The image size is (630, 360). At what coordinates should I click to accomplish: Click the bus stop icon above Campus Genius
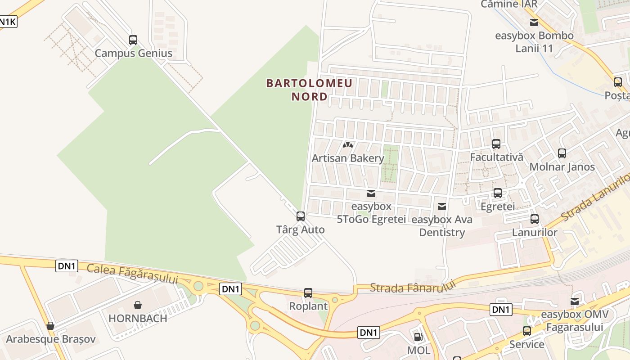133,40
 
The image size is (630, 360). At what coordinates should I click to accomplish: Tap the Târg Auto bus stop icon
301,216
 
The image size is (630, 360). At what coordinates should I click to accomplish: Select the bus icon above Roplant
308,293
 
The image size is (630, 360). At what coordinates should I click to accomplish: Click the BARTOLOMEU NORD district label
310,90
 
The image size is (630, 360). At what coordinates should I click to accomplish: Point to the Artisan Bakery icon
348,145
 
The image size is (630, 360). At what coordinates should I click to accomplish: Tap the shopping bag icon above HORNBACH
138,305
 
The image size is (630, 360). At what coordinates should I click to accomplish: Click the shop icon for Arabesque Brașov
50,326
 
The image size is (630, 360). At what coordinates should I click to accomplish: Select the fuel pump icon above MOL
418,337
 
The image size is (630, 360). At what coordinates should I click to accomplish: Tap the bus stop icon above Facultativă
496,144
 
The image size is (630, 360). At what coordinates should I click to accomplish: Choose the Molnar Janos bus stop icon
562,153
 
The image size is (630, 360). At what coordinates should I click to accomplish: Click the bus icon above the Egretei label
498,193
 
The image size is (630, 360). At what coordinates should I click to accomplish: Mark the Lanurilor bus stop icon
535,219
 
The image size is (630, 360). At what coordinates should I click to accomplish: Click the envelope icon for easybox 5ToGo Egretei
371,193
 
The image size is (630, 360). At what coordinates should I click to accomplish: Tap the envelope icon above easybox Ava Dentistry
442,207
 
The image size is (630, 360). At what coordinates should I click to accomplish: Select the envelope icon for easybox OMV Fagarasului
575,301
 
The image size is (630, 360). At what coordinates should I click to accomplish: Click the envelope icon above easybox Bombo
534,22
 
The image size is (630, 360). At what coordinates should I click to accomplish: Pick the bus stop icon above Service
527,331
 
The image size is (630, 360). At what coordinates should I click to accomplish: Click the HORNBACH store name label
138,318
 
